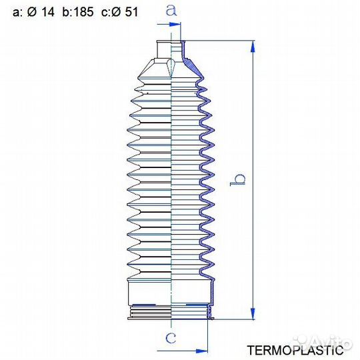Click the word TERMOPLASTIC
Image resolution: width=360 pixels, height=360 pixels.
click(295, 350)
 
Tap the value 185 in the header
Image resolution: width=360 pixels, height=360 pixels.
click(84, 12)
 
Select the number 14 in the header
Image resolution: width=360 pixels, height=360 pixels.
click(48, 12)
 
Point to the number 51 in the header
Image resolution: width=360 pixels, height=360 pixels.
click(131, 12)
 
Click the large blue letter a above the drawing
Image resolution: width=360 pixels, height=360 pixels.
click(171, 10)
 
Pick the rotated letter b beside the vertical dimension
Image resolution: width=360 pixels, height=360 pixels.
click(237, 180)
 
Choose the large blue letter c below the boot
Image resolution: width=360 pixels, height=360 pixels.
click(171, 338)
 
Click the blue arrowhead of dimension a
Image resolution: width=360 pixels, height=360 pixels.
click(175, 24)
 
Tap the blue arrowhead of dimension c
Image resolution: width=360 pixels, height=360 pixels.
click(202, 351)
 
